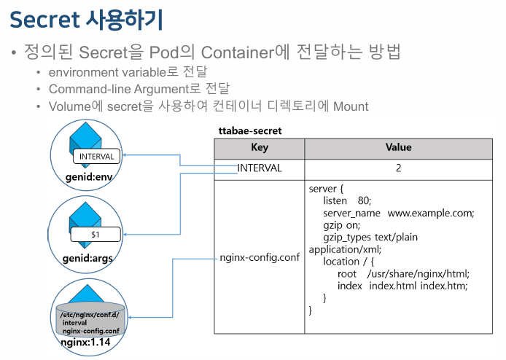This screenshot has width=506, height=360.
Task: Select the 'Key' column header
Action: point(259,148)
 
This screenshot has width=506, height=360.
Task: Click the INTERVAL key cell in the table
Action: point(259,168)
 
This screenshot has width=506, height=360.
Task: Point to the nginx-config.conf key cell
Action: point(260,258)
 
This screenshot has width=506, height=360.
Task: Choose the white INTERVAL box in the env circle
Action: point(96,156)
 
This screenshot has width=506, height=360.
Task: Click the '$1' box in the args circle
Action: point(96,235)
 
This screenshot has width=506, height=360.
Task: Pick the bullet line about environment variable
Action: point(128,72)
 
